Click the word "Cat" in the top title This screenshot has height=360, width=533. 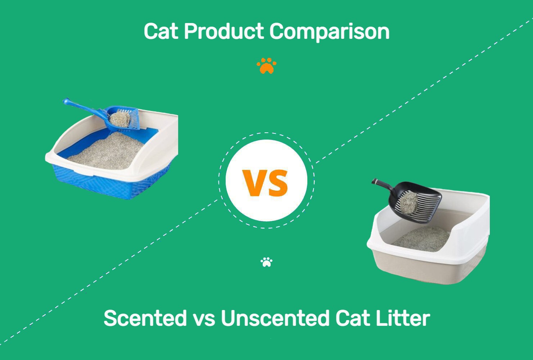coord(161,31)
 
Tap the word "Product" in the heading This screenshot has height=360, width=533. coord(223,31)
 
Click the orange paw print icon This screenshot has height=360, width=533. coord(266,65)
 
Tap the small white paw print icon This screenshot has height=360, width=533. coord(266,262)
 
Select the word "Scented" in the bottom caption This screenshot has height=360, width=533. coord(145,318)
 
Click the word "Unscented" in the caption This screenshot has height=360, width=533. coord(275,318)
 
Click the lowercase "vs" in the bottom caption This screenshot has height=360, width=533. coord(204,320)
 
